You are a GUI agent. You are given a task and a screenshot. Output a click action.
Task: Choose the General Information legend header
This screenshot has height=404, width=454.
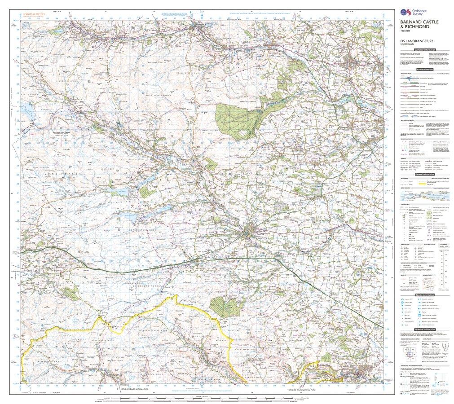425,174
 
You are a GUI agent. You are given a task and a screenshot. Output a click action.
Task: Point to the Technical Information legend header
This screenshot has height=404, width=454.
425,329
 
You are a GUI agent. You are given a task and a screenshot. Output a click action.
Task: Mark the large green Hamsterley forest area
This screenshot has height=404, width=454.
240,119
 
